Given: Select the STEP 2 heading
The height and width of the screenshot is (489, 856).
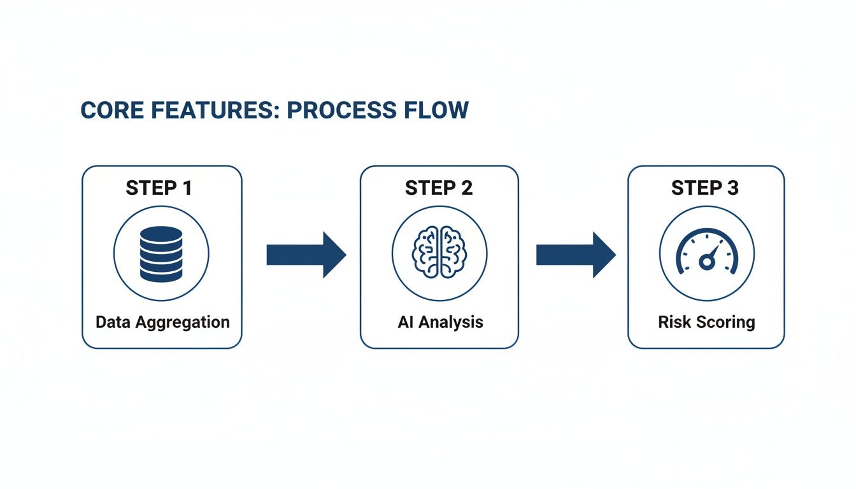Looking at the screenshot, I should pos(439,188).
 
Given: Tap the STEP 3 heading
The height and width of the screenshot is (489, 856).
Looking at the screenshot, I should pos(706,188).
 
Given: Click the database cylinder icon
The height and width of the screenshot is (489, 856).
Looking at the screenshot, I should pos(161,254).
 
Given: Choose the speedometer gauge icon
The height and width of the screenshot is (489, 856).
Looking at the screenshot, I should pos(706,254).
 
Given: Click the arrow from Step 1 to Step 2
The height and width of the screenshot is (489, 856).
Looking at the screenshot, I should pos(305,255).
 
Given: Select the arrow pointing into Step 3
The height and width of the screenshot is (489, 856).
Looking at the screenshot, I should pos(575,255).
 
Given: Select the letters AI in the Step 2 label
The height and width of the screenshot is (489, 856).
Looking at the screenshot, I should pos(406,322).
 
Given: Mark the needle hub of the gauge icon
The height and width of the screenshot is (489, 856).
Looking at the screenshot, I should pos(705,262).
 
